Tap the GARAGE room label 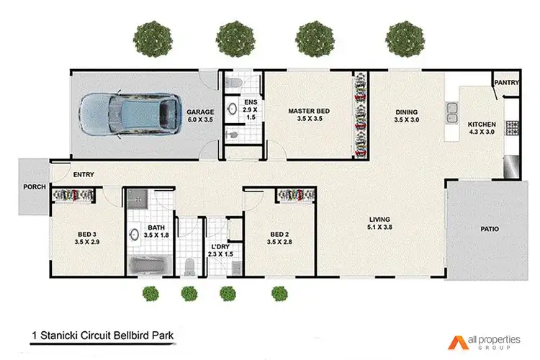[x=199, y=113]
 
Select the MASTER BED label [x=309, y=111]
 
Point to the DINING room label [x=407, y=112]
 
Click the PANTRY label [x=507, y=83]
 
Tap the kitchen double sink [x=454, y=111]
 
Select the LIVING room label [x=380, y=220]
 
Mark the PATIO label [x=490, y=229]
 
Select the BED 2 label [x=280, y=234]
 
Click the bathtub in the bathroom [x=151, y=266]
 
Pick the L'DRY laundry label [x=220, y=246]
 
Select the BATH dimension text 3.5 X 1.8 [x=156, y=235]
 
